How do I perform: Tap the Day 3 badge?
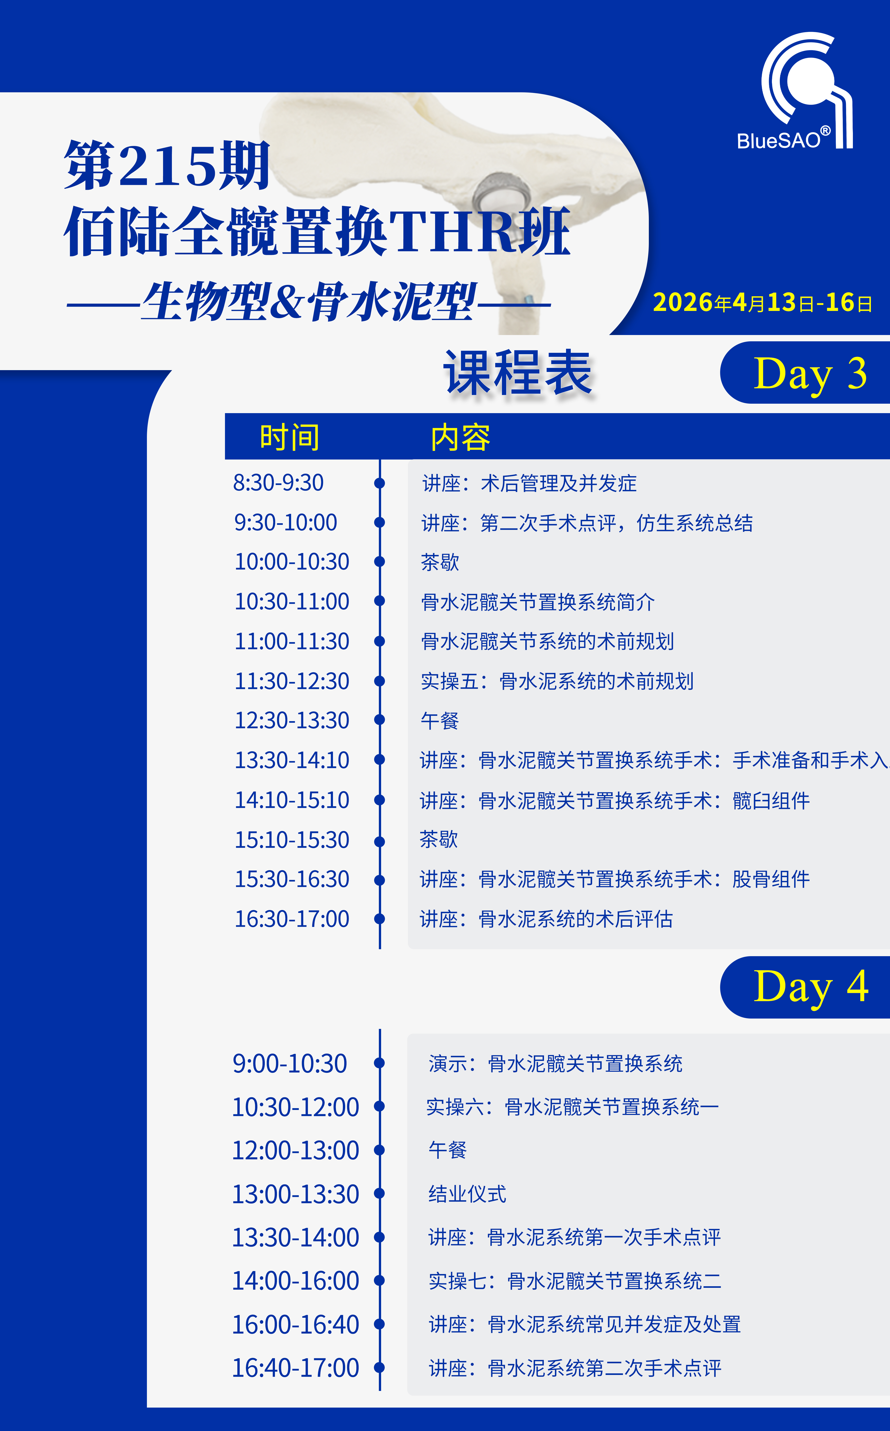805,373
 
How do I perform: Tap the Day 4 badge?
805,987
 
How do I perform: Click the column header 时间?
290,437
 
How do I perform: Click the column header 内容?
460,437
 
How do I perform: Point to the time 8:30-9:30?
279,483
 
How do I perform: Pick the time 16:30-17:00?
292,919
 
